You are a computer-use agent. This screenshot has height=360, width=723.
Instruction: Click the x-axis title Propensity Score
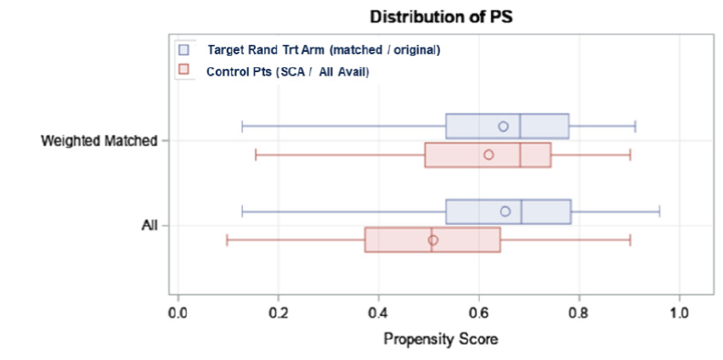[440, 340]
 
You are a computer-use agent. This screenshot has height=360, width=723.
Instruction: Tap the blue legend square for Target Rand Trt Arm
[184, 49]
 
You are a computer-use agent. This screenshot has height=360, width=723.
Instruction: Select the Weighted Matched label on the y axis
[99, 141]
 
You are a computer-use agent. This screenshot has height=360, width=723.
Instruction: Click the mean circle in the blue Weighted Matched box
[503, 127]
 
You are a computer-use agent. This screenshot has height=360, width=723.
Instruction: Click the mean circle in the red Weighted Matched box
[489, 155]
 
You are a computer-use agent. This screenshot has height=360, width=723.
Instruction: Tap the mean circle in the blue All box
[506, 211]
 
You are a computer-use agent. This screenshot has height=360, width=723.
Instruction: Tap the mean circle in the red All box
[433, 240]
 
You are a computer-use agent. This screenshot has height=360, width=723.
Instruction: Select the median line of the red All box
[431, 240]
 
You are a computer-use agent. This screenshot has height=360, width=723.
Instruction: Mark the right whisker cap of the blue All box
[659, 211]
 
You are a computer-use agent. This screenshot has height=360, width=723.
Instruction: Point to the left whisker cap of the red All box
[227, 240]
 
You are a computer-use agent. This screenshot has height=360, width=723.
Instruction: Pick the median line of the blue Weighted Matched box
[520, 127]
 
